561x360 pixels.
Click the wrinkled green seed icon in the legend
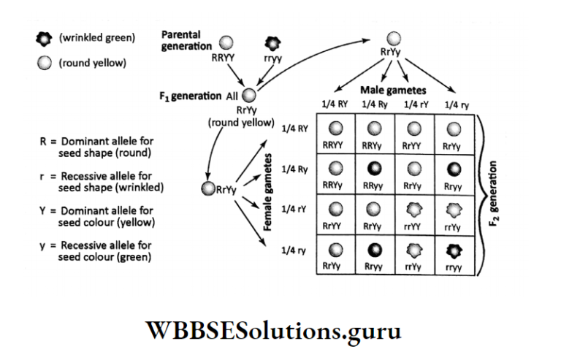click(44, 39)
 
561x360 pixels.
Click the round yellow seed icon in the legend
click(44, 63)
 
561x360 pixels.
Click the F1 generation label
click(191, 96)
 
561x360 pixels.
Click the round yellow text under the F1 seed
click(241, 122)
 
